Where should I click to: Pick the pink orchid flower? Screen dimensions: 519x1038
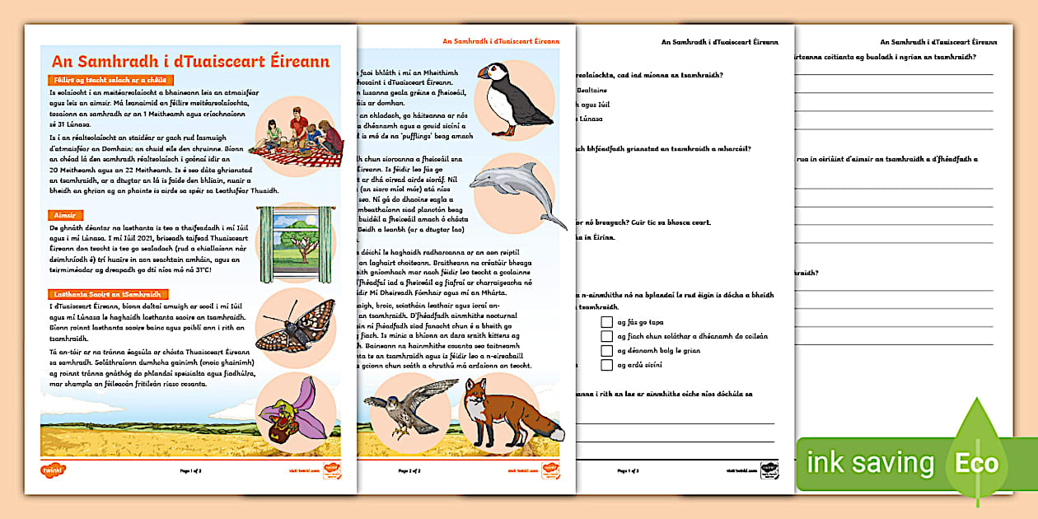[293, 404]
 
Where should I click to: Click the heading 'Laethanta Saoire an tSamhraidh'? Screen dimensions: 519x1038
[109, 294]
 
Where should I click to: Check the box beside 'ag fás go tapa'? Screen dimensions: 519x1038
[607, 322]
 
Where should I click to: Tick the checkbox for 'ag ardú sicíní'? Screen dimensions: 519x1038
[607, 365]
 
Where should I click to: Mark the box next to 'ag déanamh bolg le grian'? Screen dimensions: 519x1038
[607, 351]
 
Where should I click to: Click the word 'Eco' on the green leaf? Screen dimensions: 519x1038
[976, 463]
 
